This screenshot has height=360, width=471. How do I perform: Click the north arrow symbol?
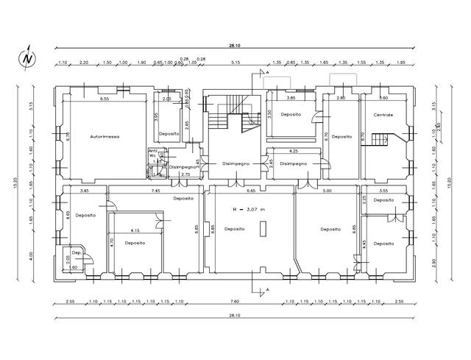coord(27,57)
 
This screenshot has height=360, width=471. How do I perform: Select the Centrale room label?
coord(383,115)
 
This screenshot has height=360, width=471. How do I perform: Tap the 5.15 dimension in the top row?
coord(235,63)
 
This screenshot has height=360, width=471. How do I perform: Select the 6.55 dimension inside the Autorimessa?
coord(105,98)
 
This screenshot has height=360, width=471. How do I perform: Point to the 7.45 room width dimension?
coord(156,191)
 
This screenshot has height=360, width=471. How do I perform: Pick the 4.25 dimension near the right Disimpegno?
coord(294,152)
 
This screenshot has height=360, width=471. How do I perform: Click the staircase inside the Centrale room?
coord(381,138)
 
